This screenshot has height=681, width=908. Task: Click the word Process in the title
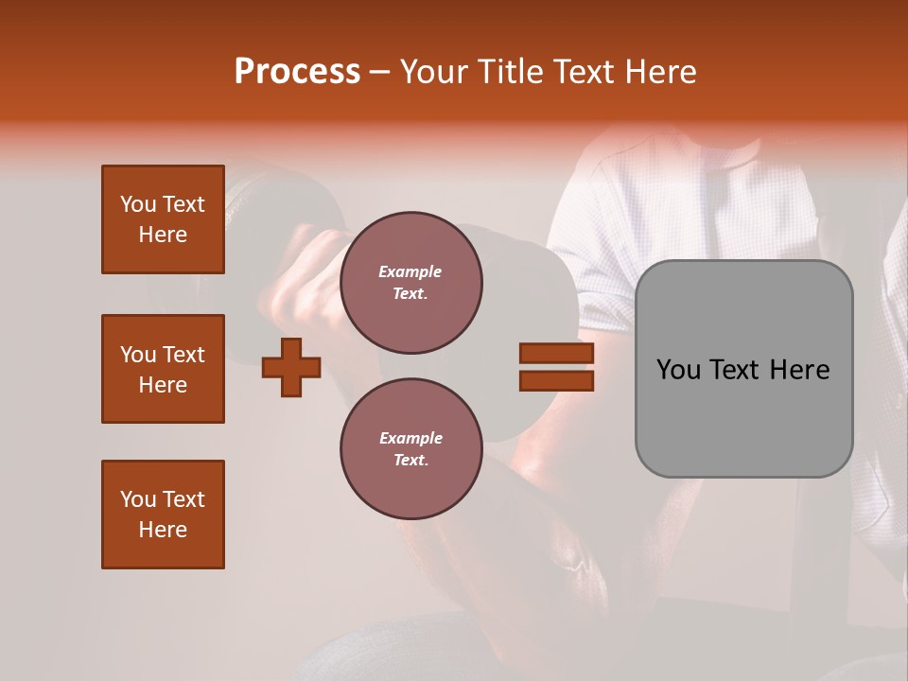[x=297, y=72]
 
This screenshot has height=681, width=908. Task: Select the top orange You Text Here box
[x=163, y=219]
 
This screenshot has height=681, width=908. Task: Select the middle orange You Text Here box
[x=163, y=369]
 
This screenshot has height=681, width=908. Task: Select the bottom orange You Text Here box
[x=163, y=515]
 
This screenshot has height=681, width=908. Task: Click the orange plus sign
[x=291, y=367]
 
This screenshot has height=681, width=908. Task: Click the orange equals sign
[x=556, y=367]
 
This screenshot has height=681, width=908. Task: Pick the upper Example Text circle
[x=410, y=283]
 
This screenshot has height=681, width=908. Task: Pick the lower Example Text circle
[x=410, y=449]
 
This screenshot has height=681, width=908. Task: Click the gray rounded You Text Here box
[x=743, y=369]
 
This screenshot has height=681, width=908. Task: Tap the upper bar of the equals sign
[x=556, y=354]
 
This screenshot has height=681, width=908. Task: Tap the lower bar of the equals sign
[x=556, y=380]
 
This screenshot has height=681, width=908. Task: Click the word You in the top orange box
[x=136, y=204]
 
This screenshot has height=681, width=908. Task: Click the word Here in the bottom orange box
[x=163, y=530]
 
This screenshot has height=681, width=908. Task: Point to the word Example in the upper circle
[x=410, y=272]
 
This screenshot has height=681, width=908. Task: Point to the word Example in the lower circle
[x=410, y=439]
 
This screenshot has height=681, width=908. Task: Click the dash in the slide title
[x=380, y=73]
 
